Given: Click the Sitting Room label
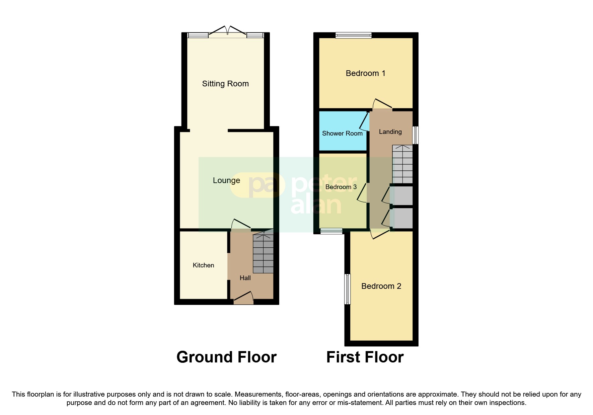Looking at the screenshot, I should (x=225, y=84).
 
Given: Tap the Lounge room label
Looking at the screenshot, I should (x=226, y=180).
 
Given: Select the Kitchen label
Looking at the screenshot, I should (x=203, y=265).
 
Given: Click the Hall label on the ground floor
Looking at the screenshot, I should (x=245, y=278).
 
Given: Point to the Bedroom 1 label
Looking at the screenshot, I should (x=365, y=73).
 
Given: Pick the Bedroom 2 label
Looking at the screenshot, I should (x=381, y=286).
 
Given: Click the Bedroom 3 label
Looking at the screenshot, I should (x=341, y=187).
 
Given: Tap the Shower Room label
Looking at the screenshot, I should (x=342, y=133).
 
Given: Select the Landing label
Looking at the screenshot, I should (x=390, y=132).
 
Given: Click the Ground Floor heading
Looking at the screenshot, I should (x=226, y=357).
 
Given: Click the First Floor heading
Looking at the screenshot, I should (x=365, y=357).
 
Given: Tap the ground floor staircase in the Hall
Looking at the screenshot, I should (x=263, y=253).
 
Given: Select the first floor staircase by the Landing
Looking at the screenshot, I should (x=402, y=164).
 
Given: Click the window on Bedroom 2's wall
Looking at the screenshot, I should (x=348, y=289).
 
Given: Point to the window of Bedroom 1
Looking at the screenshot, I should (x=354, y=35).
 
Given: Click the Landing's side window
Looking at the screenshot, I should (x=415, y=135).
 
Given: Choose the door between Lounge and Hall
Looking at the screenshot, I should (x=241, y=227).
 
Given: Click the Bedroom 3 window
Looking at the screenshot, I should (x=331, y=231).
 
